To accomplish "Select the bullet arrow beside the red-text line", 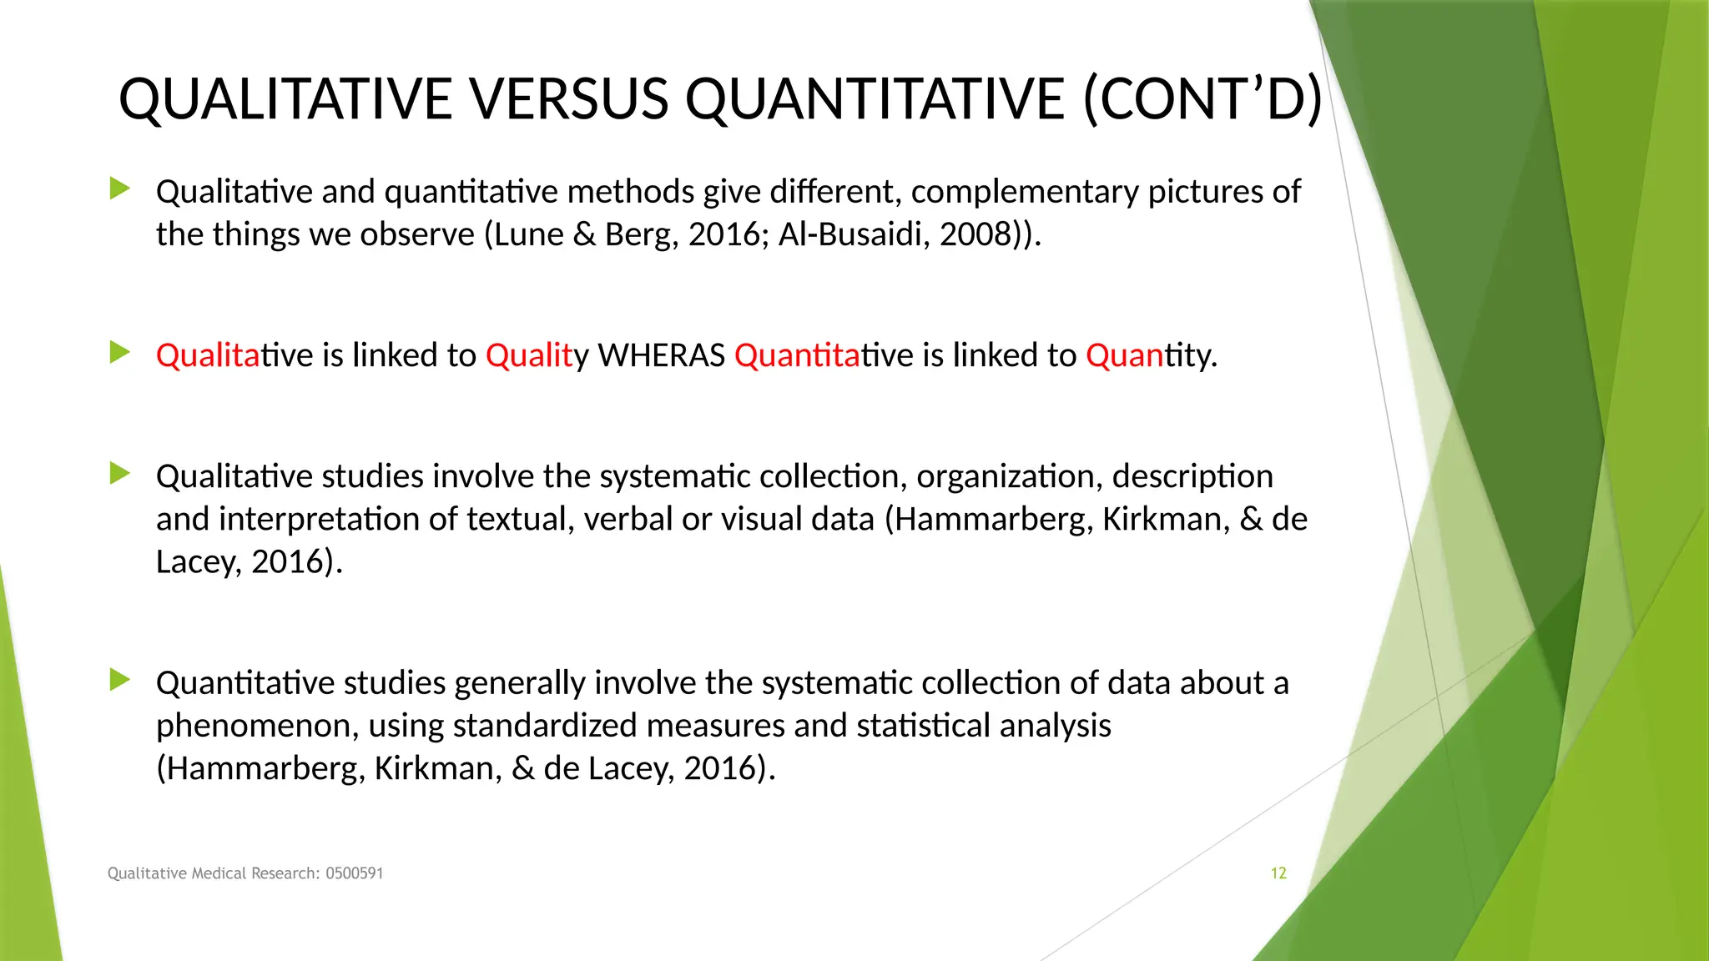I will (x=120, y=353).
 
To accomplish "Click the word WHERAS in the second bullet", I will (x=662, y=356).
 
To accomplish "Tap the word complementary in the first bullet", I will (x=1025, y=192).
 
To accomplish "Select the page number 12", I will (x=1278, y=873).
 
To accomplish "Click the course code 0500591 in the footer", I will (x=355, y=873).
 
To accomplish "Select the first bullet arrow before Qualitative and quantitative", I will (x=120, y=189).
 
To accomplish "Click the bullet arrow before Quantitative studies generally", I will (x=120, y=681).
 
